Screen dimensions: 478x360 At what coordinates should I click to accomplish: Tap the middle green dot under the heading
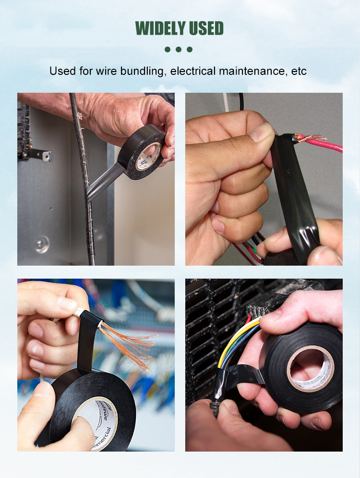[x=179, y=49]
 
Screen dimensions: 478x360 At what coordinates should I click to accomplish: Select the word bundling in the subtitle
[x=143, y=71]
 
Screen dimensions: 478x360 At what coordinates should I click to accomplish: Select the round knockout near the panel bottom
[x=42, y=244]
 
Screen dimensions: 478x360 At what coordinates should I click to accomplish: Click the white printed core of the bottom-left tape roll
[x=103, y=423]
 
